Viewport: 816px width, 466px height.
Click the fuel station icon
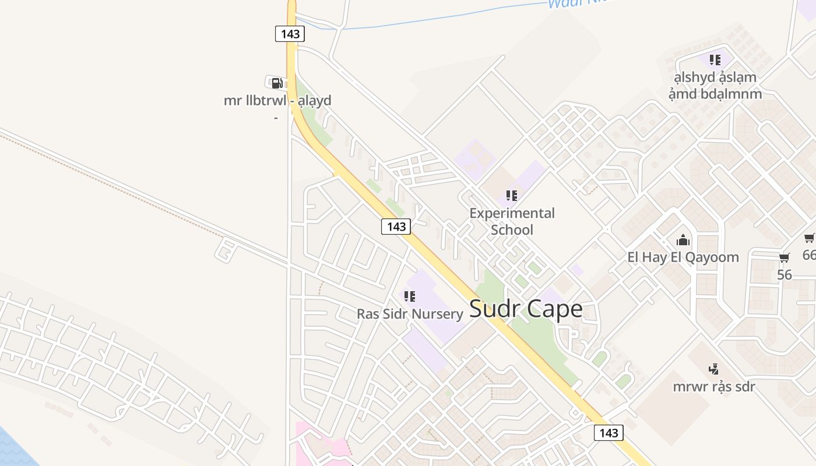(x=277, y=83)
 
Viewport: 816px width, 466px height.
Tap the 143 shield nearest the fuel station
(x=290, y=34)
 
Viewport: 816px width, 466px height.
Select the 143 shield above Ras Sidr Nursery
(x=396, y=227)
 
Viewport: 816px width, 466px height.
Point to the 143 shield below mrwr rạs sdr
(x=608, y=433)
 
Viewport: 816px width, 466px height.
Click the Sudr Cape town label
(x=525, y=309)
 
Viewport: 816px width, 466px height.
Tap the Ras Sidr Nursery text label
(x=410, y=314)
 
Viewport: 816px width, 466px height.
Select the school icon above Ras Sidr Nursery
(x=410, y=296)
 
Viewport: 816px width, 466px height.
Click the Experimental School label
(x=512, y=221)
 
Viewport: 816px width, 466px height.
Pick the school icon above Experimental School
(x=511, y=196)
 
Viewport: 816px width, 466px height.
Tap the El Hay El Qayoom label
(x=683, y=257)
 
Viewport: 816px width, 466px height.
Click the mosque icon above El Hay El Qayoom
(x=683, y=240)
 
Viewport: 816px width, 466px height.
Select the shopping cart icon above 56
(x=785, y=257)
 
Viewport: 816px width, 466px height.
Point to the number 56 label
(x=785, y=274)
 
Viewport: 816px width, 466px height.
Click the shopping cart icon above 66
(x=810, y=238)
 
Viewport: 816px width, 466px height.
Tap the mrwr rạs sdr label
(x=713, y=386)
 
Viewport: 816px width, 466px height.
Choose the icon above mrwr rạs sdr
(x=713, y=369)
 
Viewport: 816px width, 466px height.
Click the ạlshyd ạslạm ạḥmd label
(x=715, y=85)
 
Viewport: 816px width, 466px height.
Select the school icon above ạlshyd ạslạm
(x=715, y=59)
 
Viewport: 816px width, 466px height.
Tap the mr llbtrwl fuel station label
(x=277, y=101)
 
